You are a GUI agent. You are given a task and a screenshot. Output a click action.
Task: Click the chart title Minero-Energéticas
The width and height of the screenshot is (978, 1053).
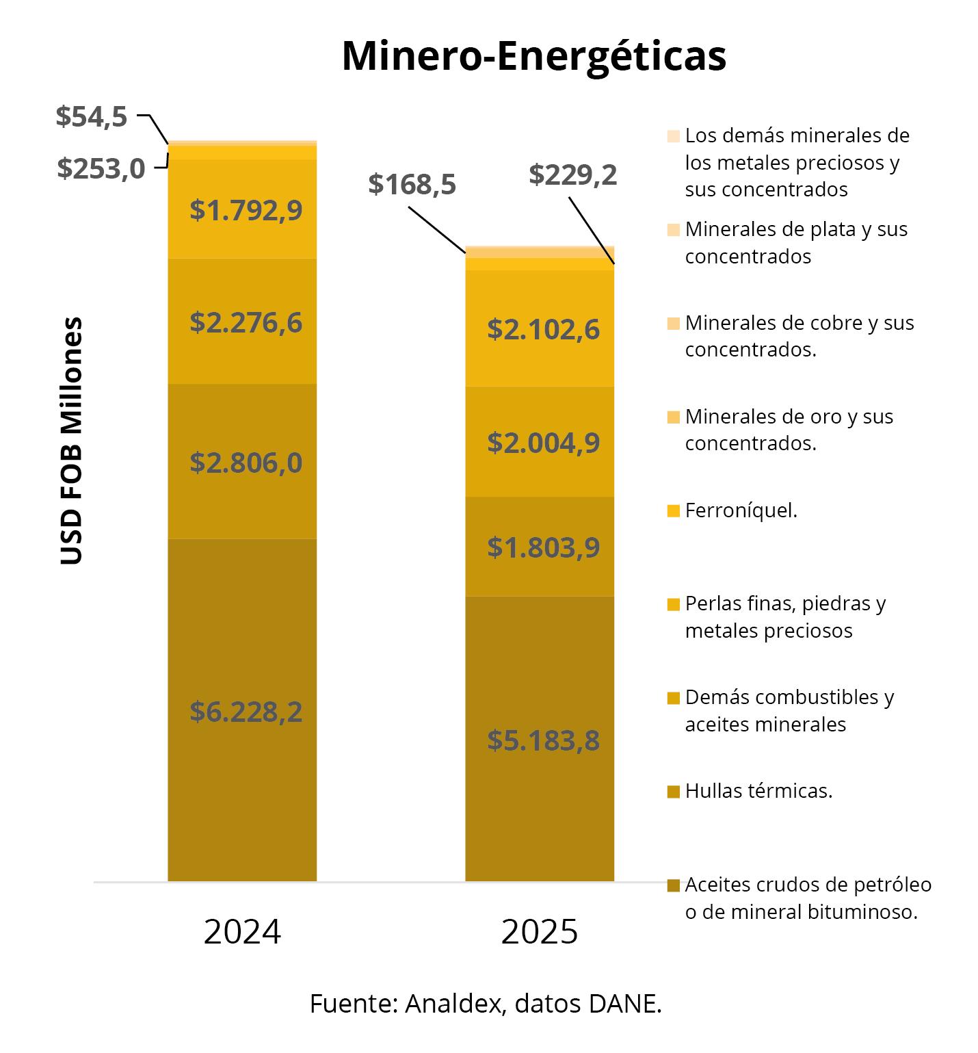click(533, 56)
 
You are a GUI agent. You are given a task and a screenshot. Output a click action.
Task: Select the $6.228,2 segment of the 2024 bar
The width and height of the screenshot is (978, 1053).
click(242, 712)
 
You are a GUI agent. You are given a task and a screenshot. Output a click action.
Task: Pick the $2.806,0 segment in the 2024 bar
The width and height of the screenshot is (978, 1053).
click(242, 463)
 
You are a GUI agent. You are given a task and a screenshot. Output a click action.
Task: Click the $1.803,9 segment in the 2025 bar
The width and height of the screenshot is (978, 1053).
click(540, 547)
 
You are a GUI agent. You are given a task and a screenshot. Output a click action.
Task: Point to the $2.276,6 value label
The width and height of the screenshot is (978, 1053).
click(246, 322)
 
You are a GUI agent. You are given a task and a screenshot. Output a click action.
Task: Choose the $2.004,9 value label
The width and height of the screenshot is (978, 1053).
click(543, 443)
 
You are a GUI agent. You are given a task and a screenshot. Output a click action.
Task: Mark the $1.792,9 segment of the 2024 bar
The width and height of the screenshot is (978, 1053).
click(242, 209)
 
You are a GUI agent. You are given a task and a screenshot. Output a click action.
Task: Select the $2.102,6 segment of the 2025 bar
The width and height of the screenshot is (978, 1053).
click(540, 329)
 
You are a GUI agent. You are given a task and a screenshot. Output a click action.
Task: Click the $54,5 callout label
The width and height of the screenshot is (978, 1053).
click(92, 116)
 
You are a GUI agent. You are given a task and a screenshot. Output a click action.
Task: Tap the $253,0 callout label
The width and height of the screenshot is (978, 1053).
click(101, 168)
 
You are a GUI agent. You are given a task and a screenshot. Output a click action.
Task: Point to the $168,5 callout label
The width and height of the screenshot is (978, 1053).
click(412, 184)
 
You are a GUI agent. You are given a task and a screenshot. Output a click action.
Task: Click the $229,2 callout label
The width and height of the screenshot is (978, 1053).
click(573, 175)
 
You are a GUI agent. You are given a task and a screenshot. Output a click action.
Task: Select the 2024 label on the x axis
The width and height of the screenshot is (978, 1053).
click(242, 932)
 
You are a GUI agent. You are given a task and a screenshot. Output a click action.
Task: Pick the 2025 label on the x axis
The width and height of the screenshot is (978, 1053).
click(540, 932)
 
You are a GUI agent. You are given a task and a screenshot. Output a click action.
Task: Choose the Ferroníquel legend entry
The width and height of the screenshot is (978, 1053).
click(741, 510)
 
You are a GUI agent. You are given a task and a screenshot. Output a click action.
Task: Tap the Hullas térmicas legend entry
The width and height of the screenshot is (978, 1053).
click(758, 791)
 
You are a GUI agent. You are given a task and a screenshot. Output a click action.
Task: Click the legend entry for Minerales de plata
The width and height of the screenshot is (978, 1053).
click(795, 242)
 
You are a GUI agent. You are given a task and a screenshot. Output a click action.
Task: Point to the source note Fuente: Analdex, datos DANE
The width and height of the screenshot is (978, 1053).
click(486, 1004)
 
